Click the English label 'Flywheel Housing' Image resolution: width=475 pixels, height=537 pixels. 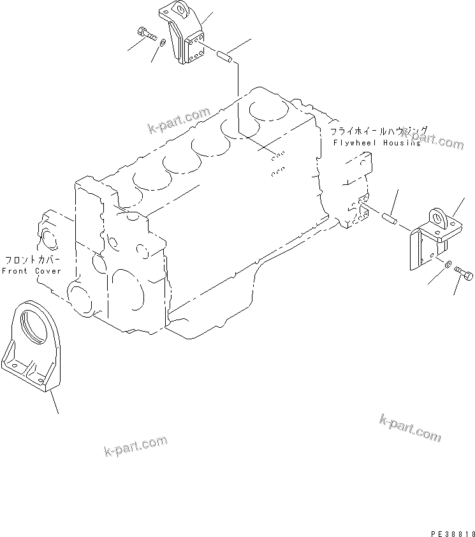point(377,143)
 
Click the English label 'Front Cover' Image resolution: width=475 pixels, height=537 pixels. point(31,270)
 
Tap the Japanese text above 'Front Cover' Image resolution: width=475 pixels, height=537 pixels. point(33,260)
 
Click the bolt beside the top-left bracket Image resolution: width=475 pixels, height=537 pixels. point(147,34)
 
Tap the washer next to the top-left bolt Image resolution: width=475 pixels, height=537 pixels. point(163,43)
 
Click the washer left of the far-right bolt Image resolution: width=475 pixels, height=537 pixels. point(449,264)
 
